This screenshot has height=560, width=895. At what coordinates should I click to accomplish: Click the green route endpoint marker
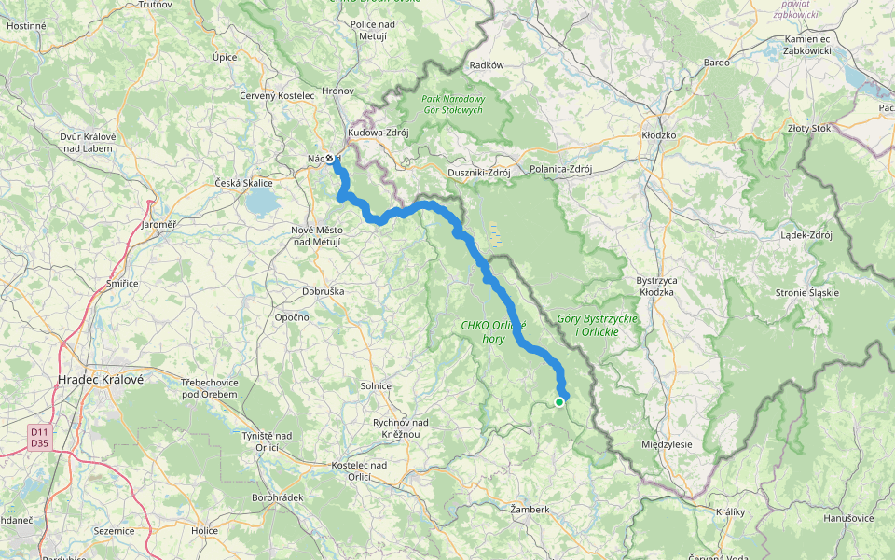[x=559, y=402]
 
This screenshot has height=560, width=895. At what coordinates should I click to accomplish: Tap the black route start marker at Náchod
[x=330, y=158]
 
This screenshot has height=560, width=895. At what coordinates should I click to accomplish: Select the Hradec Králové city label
[x=100, y=380]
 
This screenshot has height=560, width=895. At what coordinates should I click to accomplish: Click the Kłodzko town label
[x=658, y=135]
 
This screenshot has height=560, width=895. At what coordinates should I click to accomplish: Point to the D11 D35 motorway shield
[x=38, y=437]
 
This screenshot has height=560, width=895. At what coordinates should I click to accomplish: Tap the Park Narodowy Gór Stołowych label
[x=452, y=105]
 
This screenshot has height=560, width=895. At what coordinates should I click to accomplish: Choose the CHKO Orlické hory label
[x=493, y=331]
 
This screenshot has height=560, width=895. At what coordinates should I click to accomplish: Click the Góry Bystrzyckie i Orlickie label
[x=597, y=325]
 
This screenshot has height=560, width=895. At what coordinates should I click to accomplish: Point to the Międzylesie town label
[x=668, y=444]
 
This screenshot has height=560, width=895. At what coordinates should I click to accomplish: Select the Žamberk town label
[x=530, y=510]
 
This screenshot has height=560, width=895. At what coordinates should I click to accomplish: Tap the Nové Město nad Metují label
[x=315, y=236]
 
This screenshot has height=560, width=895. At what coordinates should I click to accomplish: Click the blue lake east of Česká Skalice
[x=261, y=202]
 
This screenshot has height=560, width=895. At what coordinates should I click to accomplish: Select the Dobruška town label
[x=324, y=291]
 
